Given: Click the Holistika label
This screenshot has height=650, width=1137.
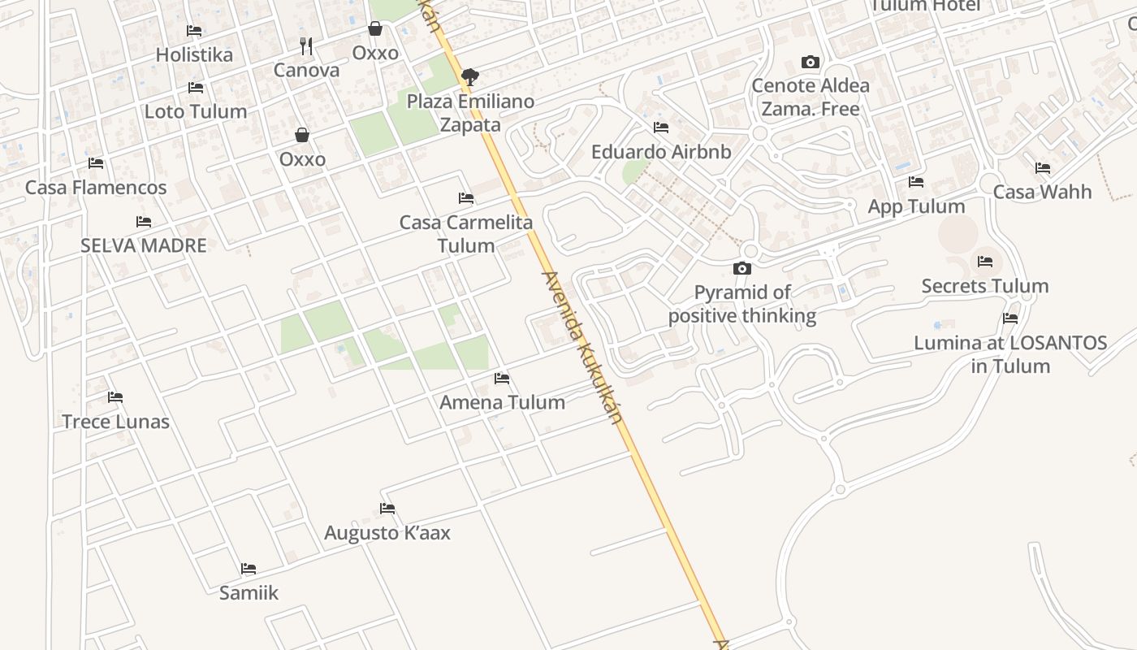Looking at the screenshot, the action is click(194, 55).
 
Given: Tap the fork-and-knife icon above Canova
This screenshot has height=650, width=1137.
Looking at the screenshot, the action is click(306, 45).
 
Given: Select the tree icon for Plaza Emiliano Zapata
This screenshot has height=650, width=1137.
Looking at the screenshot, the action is click(469, 77).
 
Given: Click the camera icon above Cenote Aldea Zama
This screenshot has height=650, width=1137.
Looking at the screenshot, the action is click(810, 62).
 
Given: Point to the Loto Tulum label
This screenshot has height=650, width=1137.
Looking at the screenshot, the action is click(196, 111).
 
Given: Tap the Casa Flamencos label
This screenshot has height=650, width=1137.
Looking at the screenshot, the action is click(96, 188).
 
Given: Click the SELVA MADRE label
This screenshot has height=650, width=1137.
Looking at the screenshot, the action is click(144, 245).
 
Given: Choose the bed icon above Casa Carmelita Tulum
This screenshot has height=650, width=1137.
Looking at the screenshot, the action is click(466, 197).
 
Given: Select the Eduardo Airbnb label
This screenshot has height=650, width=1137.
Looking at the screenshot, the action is click(661, 152).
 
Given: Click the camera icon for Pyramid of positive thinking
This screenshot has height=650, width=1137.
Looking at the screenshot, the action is click(741, 268).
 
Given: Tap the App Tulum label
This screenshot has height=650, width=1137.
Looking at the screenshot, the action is click(916, 206).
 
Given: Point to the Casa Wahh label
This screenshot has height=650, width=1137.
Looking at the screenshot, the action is click(1043, 193).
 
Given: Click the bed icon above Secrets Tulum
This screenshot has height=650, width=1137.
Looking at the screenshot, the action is click(985, 262).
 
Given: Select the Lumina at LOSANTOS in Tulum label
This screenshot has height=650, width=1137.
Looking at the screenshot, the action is click(1010, 354).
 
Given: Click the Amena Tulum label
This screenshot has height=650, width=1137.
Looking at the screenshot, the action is click(502, 402).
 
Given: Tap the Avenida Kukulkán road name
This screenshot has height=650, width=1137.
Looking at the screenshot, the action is click(582, 348).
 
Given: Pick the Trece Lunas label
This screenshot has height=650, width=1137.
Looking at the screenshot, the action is click(116, 422).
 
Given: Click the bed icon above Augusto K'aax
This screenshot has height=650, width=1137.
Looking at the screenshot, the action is click(387, 509).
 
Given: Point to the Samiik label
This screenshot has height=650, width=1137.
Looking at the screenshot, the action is click(249, 593).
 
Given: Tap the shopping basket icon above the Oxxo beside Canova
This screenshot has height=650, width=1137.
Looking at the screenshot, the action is click(375, 29).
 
